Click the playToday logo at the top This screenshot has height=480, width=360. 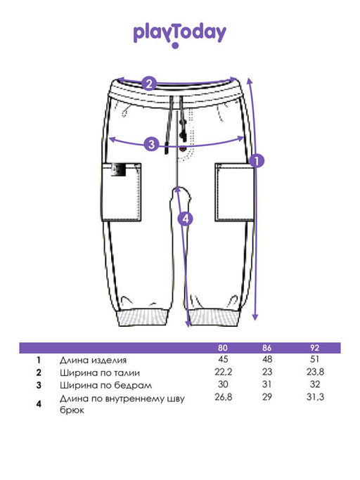(180, 35)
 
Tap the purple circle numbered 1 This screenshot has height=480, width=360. (257, 160)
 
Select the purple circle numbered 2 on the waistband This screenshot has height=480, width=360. (149, 84)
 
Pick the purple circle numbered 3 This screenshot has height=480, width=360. (151, 144)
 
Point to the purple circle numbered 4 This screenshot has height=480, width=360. (186, 219)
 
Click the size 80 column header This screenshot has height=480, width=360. (223, 348)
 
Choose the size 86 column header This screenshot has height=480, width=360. (267, 348)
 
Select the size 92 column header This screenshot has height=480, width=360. (315, 348)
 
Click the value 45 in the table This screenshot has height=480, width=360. (223, 359)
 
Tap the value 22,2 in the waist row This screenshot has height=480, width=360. (224, 372)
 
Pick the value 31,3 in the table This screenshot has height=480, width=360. (315, 397)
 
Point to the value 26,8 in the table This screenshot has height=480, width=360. (224, 397)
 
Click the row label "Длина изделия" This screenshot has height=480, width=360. (93, 361)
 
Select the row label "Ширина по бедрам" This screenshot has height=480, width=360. (105, 385)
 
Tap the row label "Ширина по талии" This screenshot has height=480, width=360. (100, 373)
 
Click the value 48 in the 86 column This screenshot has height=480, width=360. (267, 359)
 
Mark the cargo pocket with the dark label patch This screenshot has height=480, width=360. (122, 192)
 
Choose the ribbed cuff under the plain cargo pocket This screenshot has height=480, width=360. (214, 317)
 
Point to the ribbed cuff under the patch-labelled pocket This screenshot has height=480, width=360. (143, 318)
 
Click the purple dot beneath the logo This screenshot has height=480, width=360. (175, 46)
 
